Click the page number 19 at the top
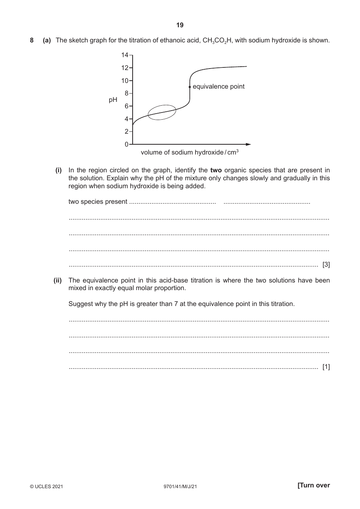[180, 25]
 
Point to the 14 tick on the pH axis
[125, 55]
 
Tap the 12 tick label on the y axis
[125, 68]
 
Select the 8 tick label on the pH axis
[127, 93]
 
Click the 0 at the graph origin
[127, 144]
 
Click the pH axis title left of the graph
[113, 100]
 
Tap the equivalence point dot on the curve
[189, 87]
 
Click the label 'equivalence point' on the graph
[219, 86]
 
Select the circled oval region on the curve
[162, 112]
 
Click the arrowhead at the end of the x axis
[248, 144]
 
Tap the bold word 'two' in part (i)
[216, 170]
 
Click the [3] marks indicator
[326, 265]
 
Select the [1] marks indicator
[326, 367]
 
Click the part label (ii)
[58, 280]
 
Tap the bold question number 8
[31, 40]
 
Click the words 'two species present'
[98, 201]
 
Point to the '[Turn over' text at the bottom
[314, 485]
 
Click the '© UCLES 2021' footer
[46, 487]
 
